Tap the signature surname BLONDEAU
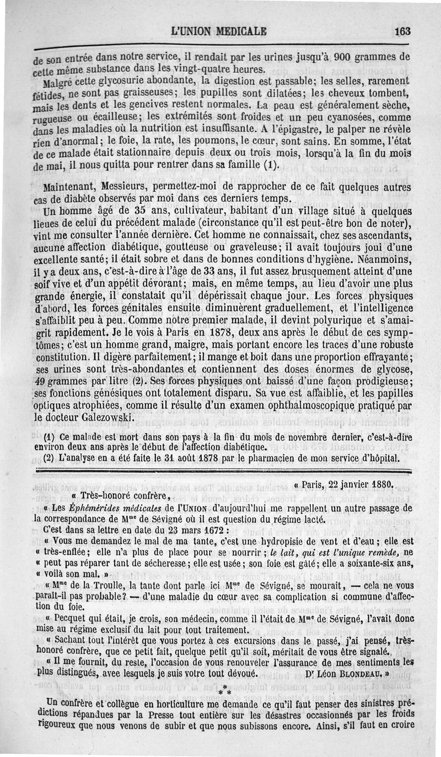(345, 673)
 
